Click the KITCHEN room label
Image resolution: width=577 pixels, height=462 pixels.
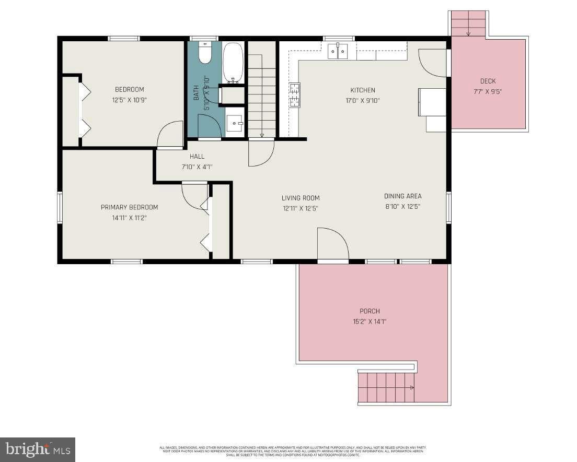pyautogui.click(x=362, y=90)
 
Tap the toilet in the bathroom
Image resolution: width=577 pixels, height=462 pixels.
pyautogui.click(x=205, y=54)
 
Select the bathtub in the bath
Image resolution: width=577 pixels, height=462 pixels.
pyautogui.click(x=233, y=63)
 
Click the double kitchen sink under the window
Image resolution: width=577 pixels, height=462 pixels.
pyautogui.click(x=338, y=51)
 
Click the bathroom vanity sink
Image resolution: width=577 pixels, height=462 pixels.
pyautogui.click(x=235, y=124)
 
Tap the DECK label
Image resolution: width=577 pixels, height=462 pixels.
pyautogui.click(x=488, y=81)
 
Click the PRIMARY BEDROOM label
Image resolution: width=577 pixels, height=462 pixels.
pyautogui.click(x=129, y=207)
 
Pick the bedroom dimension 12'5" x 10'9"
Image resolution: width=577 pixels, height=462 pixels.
pyautogui.click(x=129, y=100)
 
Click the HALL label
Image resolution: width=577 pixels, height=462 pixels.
pyautogui.click(x=197, y=156)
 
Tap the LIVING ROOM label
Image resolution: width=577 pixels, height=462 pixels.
pyautogui.click(x=301, y=198)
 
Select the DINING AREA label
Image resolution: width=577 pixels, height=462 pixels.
pyautogui.click(x=402, y=196)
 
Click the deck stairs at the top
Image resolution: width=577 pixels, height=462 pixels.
pyautogui.click(x=468, y=24)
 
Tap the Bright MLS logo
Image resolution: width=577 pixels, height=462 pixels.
pyautogui.click(x=37, y=449)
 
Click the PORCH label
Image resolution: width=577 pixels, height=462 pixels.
pyautogui.click(x=370, y=311)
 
